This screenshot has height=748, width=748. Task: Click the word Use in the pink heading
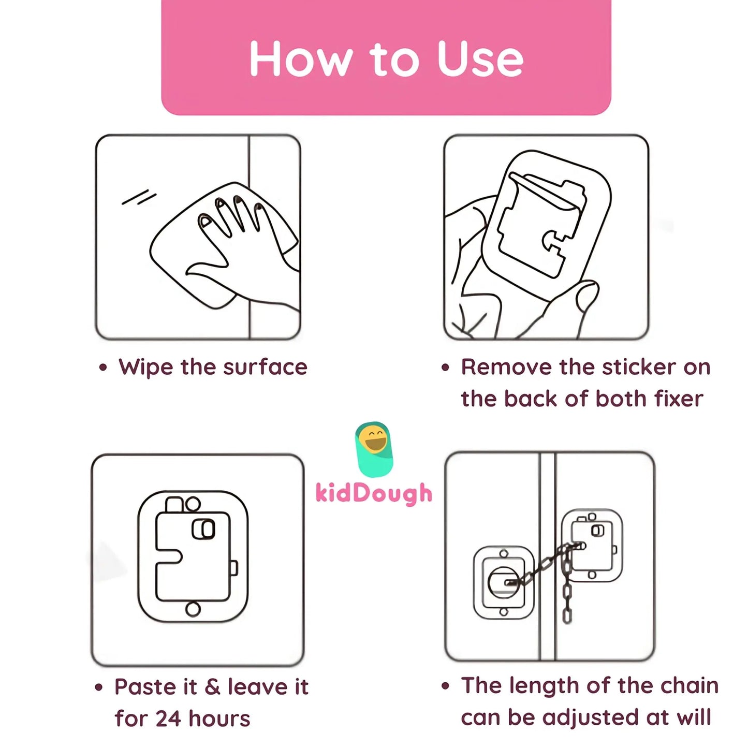(x=480, y=58)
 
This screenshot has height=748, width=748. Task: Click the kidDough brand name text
(x=374, y=493)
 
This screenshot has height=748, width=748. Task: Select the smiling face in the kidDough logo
(x=373, y=440)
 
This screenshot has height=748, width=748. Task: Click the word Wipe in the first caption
(x=145, y=367)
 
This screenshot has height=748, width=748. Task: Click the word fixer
(x=679, y=399)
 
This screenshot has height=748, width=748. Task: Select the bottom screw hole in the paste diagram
(x=193, y=609)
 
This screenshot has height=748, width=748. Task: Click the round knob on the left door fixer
(x=503, y=583)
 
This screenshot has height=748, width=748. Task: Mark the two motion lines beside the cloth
(x=139, y=197)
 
